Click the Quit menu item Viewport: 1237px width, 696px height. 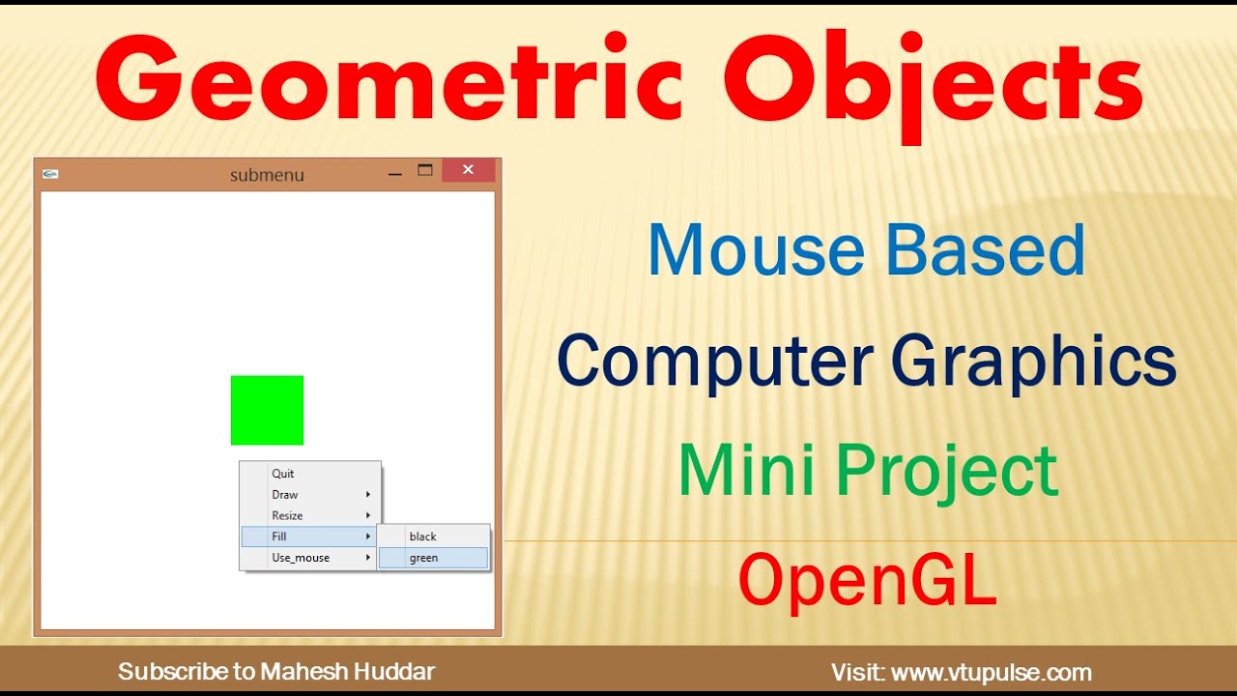coord(283,474)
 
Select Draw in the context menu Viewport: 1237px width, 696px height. coord(285,495)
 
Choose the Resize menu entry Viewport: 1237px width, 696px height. coord(287,516)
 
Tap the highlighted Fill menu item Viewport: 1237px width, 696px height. coord(279,536)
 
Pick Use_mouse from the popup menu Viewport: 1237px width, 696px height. coord(301,558)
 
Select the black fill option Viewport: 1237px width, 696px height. coord(423,536)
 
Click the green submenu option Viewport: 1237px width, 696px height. coord(424,558)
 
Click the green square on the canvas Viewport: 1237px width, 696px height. coord(267,410)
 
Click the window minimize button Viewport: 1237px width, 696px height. coord(394,172)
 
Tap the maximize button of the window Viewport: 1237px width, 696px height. coord(425,170)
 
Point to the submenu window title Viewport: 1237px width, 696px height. coord(267,175)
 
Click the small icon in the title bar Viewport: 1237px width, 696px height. coord(51,174)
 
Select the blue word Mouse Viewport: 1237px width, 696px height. coord(757,249)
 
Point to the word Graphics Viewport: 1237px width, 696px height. coord(1032,362)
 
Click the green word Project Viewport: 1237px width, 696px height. coord(946,472)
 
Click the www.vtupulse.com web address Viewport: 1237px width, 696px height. coord(991,673)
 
